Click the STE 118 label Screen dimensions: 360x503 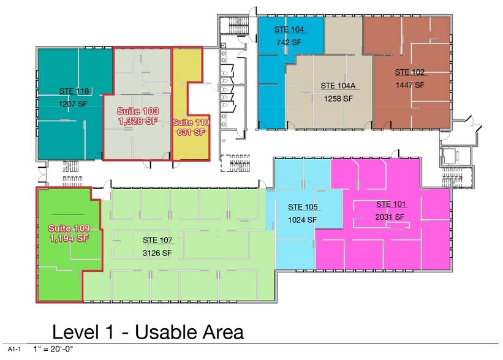tap(74, 91)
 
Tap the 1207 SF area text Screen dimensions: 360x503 tap(74, 104)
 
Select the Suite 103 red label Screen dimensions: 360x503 tap(138, 111)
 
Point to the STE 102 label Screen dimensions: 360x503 tap(409, 72)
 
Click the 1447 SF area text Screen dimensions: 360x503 tap(409, 85)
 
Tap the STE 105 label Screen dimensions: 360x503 tap(303, 207)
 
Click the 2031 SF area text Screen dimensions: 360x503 tap(390, 217)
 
